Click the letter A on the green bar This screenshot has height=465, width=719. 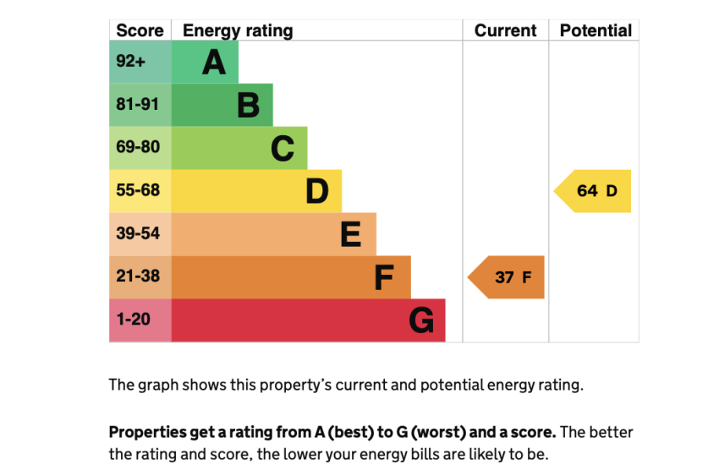[214, 63]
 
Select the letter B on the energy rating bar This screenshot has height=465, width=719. [248, 106]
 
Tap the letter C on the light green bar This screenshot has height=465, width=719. [283, 149]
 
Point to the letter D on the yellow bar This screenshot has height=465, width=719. [316, 192]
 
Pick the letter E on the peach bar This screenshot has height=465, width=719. [350, 235]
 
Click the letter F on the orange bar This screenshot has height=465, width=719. [384, 277]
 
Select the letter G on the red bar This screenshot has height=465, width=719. [421, 320]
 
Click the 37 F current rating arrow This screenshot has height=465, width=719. [507, 277]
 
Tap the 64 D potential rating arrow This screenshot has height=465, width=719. [594, 191]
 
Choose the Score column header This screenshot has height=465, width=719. [140, 30]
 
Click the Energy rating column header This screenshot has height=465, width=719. [238, 30]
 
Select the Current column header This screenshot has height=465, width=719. [505, 30]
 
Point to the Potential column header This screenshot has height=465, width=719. [596, 30]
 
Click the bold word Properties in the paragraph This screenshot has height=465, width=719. [146, 432]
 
